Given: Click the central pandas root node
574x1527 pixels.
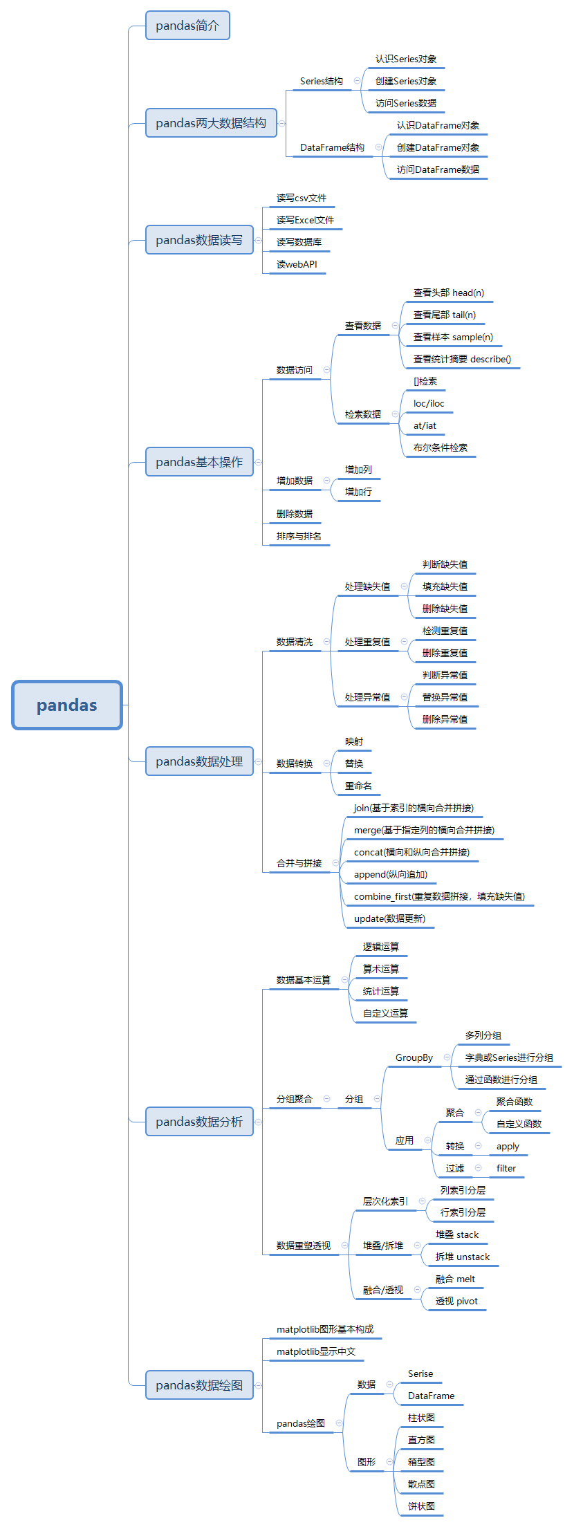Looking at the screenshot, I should (x=67, y=705).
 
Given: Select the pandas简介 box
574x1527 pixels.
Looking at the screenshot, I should (x=187, y=26).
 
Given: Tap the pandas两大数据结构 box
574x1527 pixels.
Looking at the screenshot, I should (x=211, y=123).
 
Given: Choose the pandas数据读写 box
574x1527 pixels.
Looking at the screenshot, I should (x=199, y=240).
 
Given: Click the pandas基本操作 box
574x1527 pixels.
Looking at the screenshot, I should (x=199, y=462).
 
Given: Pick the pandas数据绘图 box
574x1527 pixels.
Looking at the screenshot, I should (x=199, y=1385).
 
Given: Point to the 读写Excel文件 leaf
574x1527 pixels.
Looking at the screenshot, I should (x=305, y=220).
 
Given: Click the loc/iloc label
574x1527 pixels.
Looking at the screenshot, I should (x=429, y=403).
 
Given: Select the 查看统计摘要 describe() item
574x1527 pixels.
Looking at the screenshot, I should (x=462, y=359).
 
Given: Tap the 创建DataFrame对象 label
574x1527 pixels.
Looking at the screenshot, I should (x=438, y=147).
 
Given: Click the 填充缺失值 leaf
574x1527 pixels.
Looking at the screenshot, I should (x=445, y=586).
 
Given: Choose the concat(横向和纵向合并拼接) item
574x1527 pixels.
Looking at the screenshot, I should (x=411, y=852).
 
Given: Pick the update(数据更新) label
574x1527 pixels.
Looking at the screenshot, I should (x=389, y=918).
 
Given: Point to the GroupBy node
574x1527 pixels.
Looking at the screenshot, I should (x=414, y=1057).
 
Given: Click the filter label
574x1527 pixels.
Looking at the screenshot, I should (x=506, y=1168).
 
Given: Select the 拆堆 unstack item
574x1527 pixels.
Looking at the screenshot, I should (x=463, y=1257).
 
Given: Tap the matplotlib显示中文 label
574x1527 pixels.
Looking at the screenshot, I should (x=316, y=1351).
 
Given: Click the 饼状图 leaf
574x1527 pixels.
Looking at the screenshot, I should (x=421, y=1506).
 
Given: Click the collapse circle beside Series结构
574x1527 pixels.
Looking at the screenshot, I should (x=357, y=81).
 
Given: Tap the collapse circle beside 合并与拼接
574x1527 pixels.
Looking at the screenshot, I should (x=335, y=863).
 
